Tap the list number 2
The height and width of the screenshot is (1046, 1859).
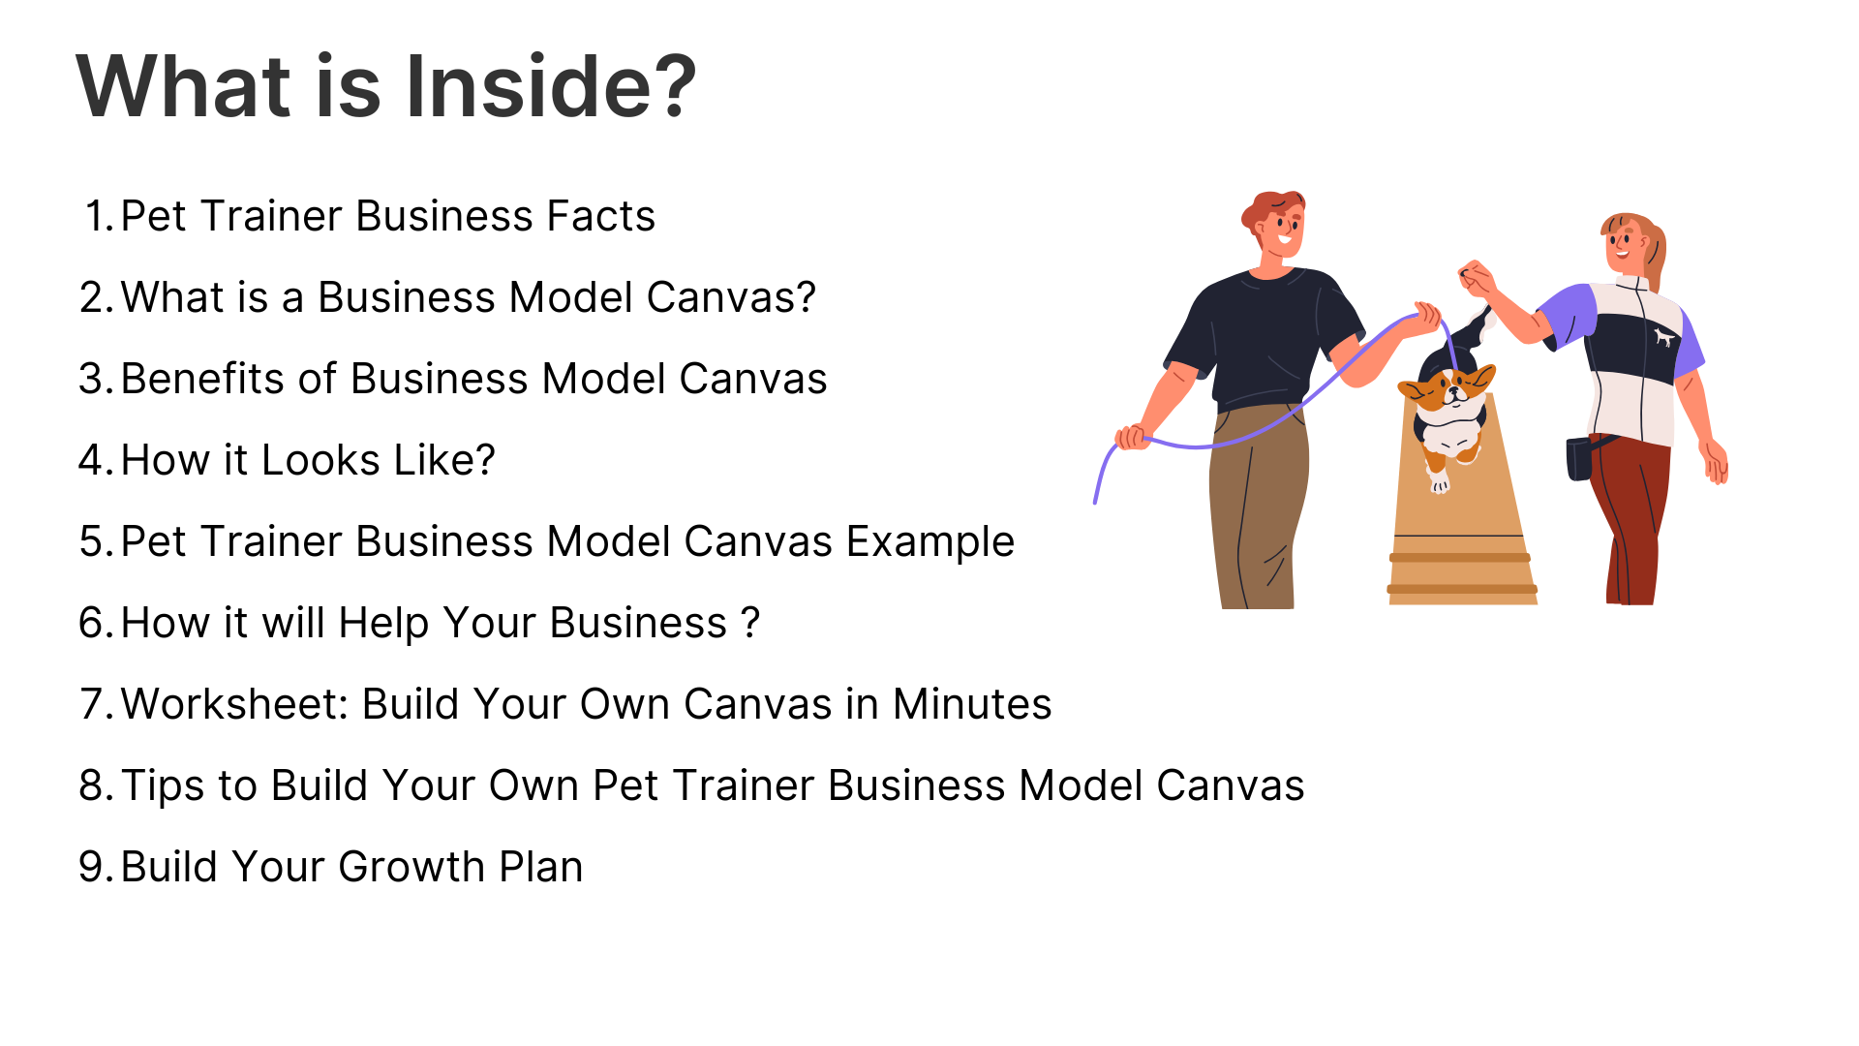[97, 297]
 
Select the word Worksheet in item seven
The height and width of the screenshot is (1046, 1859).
[233, 704]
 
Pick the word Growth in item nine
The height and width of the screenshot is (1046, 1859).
[411, 867]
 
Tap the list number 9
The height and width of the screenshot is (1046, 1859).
[97, 867]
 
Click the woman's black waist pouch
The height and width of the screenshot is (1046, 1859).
[1580, 458]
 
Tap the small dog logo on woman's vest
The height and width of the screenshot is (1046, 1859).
[1663, 337]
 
